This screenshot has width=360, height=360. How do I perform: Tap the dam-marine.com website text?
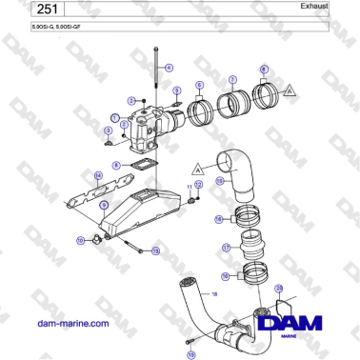70,324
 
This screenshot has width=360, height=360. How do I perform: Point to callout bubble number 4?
170,68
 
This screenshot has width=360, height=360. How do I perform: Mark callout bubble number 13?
156,250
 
